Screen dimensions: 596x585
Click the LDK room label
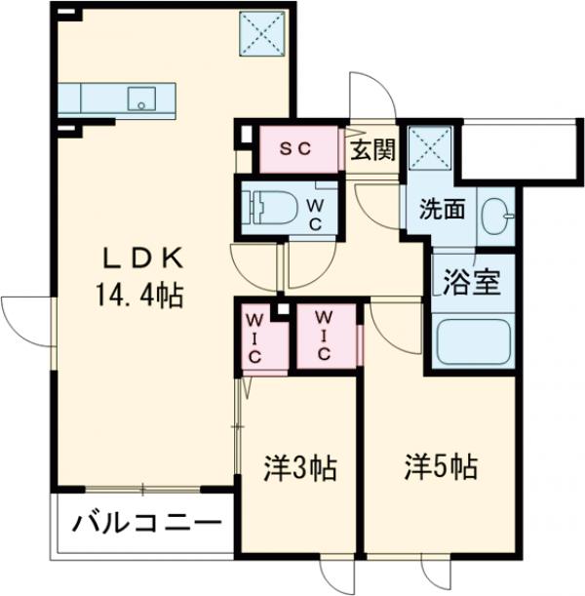point(143,258)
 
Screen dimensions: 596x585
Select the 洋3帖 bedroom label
point(299,469)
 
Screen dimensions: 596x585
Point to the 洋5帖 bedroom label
point(442,467)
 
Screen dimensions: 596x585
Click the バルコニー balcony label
point(145,523)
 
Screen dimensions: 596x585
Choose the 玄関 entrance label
point(372,150)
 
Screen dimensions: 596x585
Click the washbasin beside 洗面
point(499,212)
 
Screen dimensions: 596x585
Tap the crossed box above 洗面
point(429,148)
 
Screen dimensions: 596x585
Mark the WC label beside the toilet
point(316,214)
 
